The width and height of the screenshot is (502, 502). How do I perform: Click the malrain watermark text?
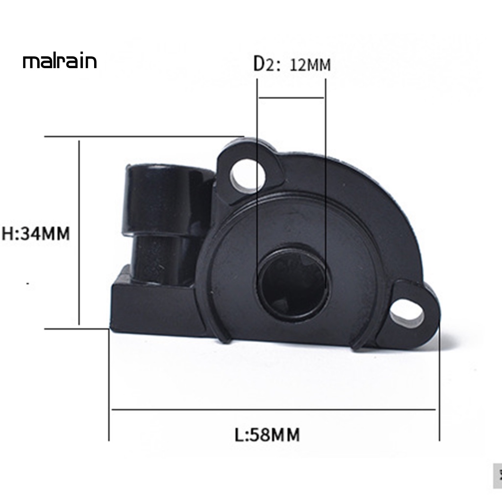[x=59, y=62]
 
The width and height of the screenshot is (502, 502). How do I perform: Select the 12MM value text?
[x=310, y=64]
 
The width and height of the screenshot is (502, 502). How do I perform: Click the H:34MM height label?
[x=36, y=233]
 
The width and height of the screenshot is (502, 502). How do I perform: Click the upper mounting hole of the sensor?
[x=248, y=174]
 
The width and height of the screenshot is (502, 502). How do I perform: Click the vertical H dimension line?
[x=78, y=233]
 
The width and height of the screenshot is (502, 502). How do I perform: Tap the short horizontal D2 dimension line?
[x=291, y=98]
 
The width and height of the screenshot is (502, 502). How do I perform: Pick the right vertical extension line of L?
[x=439, y=392]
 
